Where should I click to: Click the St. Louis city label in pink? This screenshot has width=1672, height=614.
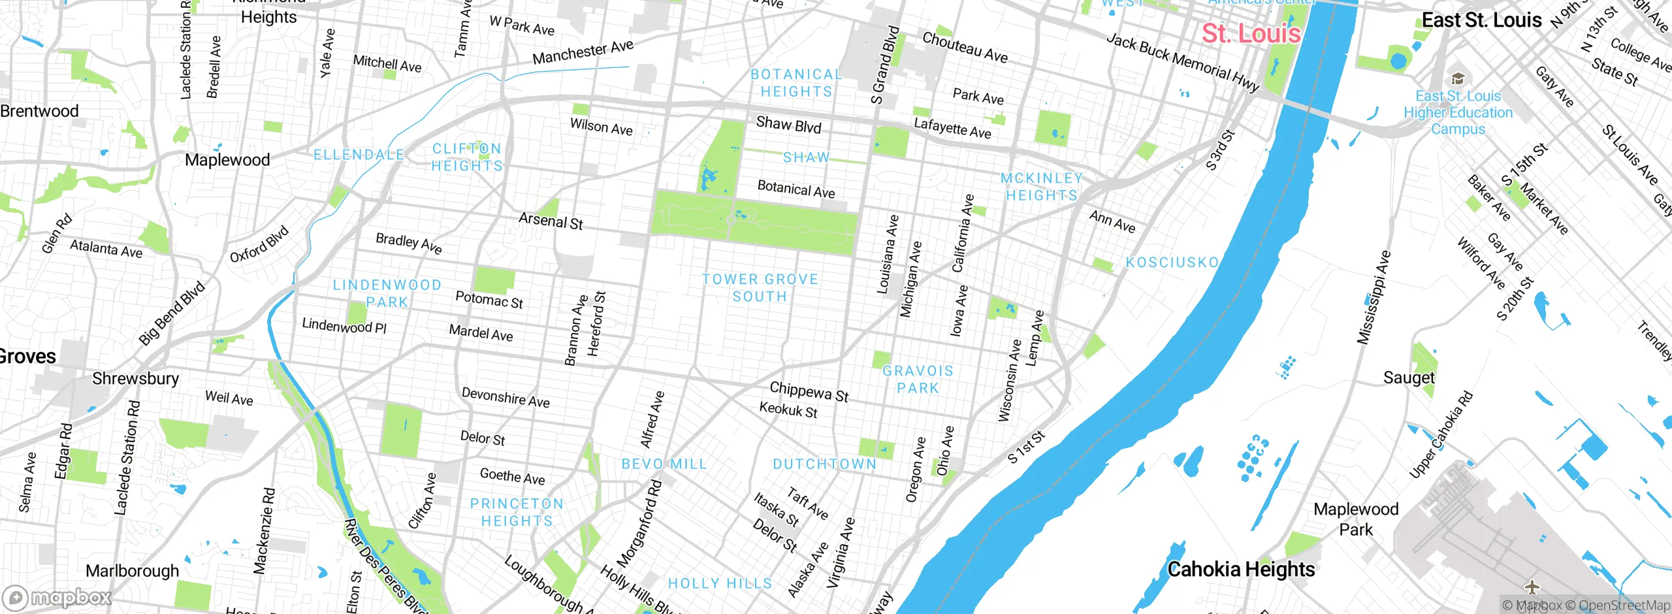click(x=1251, y=33)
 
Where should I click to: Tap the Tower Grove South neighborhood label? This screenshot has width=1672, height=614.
click(x=760, y=288)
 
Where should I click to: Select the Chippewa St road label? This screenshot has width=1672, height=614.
click(x=809, y=391)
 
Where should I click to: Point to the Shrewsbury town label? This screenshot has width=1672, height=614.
click(x=135, y=379)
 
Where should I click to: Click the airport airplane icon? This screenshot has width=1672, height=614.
click(x=1532, y=587)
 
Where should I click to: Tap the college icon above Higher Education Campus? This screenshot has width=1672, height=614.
click(x=1458, y=79)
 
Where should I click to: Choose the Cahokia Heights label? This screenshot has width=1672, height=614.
click(x=1241, y=570)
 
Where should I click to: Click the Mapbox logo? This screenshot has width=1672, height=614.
click(x=57, y=598)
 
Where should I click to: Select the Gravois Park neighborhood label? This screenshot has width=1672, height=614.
click(x=918, y=380)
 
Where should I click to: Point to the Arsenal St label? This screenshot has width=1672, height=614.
click(x=551, y=221)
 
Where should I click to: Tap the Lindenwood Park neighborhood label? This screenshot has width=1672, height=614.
click(x=387, y=294)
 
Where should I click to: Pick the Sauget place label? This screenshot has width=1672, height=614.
click(x=1409, y=378)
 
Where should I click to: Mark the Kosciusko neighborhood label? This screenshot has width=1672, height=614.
click(x=1172, y=263)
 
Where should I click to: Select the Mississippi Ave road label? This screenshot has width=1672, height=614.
click(x=1374, y=298)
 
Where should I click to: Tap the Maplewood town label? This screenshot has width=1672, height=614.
click(x=227, y=160)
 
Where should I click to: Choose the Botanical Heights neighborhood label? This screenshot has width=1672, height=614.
click(x=796, y=84)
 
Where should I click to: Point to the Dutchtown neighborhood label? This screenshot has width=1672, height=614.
click(x=824, y=464)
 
